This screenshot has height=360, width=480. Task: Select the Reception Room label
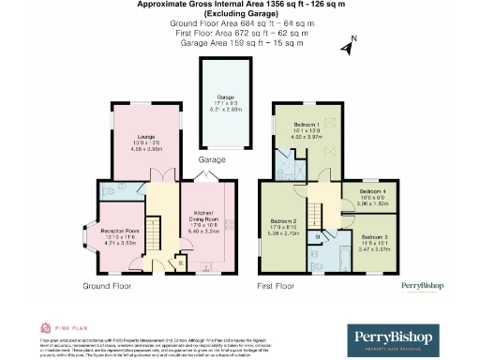point(119,231)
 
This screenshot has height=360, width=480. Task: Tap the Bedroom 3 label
point(374,237)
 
